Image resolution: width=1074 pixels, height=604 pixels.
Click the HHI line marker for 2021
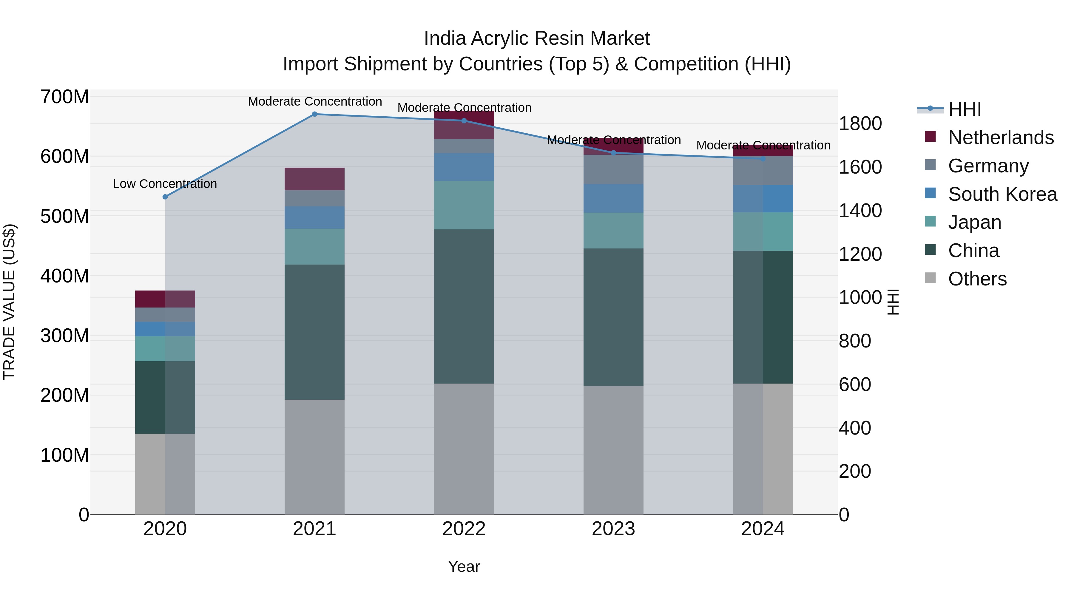click(x=314, y=114)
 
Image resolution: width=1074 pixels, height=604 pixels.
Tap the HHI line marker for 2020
click(x=165, y=197)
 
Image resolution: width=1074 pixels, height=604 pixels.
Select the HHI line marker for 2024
click(x=763, y=159)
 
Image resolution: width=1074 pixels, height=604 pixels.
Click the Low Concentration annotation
click(x=165, y=184)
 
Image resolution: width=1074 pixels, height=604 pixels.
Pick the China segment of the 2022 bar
click(x=464, y=306)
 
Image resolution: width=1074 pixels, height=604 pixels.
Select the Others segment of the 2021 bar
click(x=314, y=457)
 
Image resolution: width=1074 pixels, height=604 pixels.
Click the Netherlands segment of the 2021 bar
click(x=314, y=179)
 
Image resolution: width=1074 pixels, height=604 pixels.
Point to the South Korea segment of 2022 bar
click(x=464, y=167)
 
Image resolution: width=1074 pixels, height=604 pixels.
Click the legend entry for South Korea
click(x=1002, y=194)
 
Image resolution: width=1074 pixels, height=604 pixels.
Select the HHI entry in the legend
click(x=964, y=109)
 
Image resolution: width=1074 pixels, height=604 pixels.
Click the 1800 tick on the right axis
click(x=860, y=124)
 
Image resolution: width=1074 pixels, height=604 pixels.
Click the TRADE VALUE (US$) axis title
click(x=9, y=302)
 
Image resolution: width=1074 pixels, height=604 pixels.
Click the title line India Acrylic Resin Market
click(x=537, y=38)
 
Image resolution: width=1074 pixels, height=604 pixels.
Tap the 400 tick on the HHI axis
click(x=854, y=428)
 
